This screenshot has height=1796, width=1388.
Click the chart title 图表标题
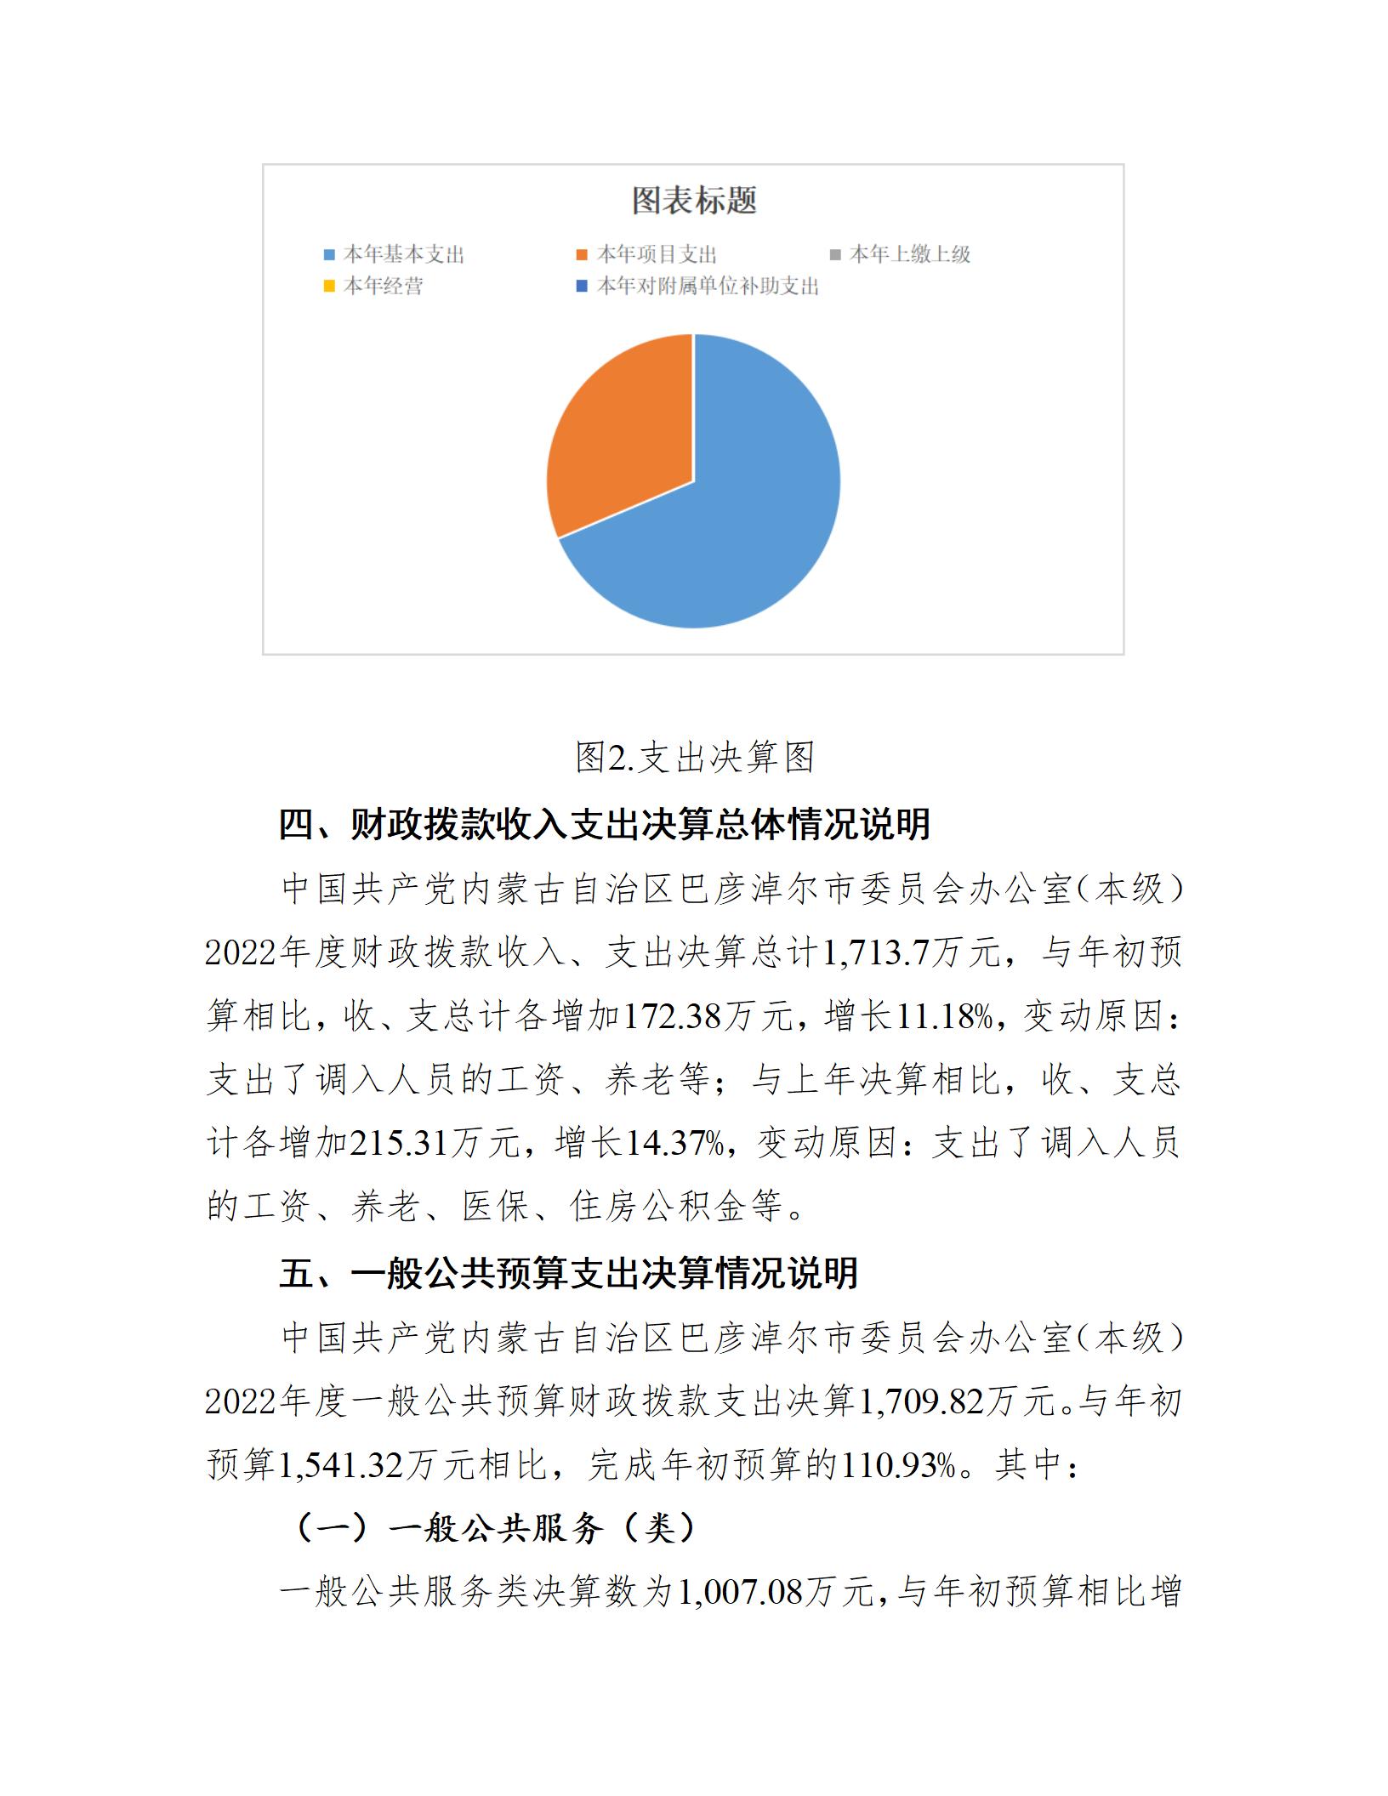pos(694,201)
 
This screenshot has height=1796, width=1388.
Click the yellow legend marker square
pos(329,287)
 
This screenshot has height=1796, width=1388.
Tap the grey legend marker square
pos(835,254)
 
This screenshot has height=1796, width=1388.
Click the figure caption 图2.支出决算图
pos(694,757)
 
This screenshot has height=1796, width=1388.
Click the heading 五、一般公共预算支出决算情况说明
pos(568,1273)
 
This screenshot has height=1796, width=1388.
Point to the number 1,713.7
pos(876,952)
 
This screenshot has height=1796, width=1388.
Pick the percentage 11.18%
pos(945,1016)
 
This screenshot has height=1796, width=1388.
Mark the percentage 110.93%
pos(897,1465)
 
